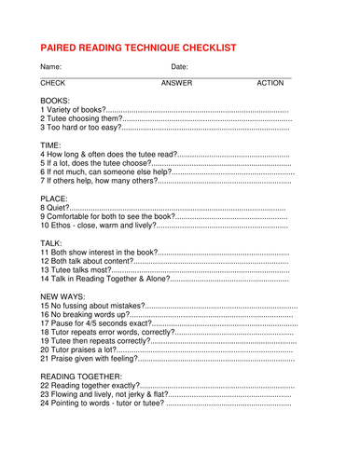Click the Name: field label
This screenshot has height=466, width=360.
[50, 67]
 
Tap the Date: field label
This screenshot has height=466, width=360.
[180, 67]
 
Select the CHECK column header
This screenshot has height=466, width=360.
[53, 84]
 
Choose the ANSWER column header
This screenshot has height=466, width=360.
[176, 84]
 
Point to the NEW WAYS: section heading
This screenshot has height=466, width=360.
[64, 295]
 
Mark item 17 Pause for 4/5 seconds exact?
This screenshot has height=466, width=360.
[94, 323]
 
